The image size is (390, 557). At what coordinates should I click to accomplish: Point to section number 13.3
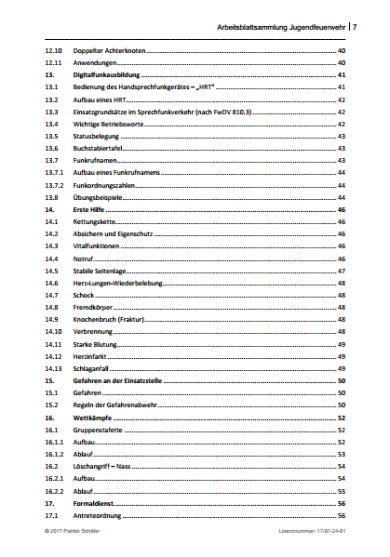tap(53, 111)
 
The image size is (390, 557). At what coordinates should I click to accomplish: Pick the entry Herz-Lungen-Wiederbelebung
tap(116, 283)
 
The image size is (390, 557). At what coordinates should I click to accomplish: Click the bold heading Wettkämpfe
tap(88, 418)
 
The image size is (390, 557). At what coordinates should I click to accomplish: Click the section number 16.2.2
tap(55, 491)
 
